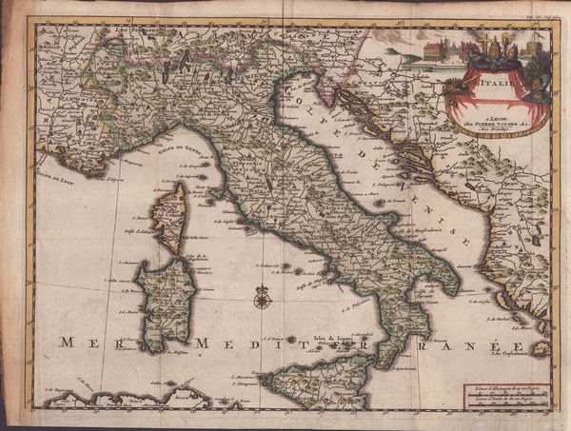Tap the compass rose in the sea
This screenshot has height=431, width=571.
click(262, 298)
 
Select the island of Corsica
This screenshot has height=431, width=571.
click(170, 216)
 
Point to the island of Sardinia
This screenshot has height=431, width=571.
click(164, 304)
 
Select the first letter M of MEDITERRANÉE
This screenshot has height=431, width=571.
click(201, 342)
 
